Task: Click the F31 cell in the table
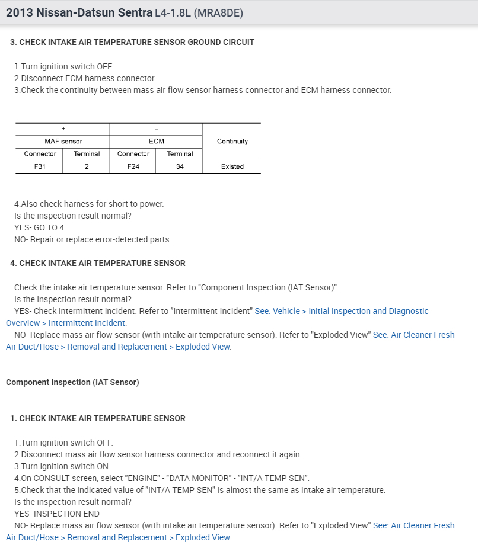click(40, 167)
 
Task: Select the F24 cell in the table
click(133, 167)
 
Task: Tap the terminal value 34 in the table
click(180, 167)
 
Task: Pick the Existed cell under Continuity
click(232, 167)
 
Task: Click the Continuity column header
click(232, 142)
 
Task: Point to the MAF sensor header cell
click(63, 142)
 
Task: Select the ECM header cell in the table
click(156, 142)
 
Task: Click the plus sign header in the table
click(63, 129)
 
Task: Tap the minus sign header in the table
click(156, 129)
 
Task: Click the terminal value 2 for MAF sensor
click(87, 167)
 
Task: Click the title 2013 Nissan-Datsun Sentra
click(79, 12)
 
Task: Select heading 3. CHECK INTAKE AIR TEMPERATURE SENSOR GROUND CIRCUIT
click(132, 42)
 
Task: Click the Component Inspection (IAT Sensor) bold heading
click(72, 382)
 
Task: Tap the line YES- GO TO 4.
click(40, 227)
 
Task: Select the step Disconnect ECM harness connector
click(85, 78)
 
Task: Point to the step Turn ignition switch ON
click(62, 466)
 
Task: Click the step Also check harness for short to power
click(89, 204)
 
